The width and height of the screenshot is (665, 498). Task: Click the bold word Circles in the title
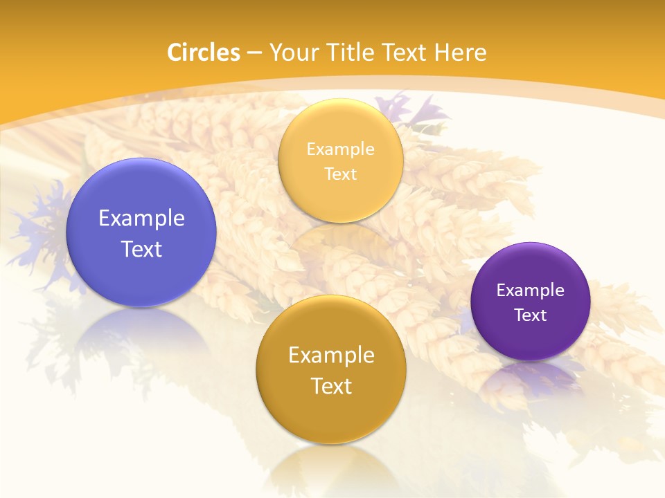tap(203, 53)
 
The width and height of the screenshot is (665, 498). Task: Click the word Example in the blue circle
tap(141, 219)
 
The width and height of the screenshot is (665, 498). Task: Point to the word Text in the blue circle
tap(141, 249)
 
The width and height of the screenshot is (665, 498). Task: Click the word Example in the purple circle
tap(531, 290)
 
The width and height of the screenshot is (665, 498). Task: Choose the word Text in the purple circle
tap(531, 315)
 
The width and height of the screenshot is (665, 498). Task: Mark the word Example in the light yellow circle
tap(341, 149)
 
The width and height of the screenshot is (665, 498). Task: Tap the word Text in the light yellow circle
tap(341, 174)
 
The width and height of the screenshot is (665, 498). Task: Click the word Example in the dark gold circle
tap(331, 356)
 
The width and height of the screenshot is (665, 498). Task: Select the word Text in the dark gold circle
tap(331, 386)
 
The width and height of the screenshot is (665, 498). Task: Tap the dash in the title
tap(254, 53)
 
